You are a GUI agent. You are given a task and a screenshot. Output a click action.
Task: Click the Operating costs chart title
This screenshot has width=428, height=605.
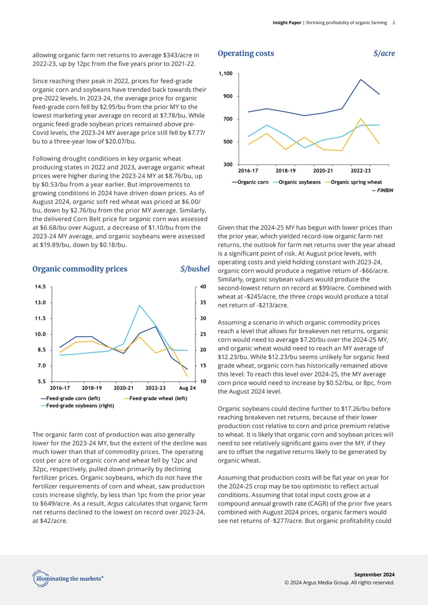pos(246,53)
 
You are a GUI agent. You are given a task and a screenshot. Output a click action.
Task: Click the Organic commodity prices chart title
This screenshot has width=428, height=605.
pos(80,269)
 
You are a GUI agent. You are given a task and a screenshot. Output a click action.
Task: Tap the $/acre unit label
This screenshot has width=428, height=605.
pos(384,54)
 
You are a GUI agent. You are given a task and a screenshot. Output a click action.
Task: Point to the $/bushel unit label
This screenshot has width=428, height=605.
pos(195,269)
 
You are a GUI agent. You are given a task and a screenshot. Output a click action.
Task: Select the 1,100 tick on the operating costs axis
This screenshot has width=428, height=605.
pos(226,73)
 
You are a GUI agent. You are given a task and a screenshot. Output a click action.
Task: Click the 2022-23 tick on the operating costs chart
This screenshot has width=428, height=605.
pos(361,171)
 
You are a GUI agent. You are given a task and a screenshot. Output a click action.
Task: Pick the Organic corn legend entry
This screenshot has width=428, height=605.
pos(250,182)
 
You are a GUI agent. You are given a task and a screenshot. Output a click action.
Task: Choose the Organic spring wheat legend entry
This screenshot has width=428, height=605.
pos(354,182)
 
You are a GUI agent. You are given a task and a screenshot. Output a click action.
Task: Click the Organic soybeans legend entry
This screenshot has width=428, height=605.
pos(297,182)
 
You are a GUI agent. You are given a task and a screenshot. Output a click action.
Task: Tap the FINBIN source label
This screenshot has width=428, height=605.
pos(383,190)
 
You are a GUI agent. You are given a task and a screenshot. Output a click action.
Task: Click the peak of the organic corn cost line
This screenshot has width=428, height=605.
pos(361,79)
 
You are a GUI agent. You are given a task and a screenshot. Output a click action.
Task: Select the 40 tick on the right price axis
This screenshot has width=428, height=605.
pos(203,286)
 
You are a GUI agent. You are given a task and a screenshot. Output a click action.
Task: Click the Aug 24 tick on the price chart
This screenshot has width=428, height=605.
pos(187,388)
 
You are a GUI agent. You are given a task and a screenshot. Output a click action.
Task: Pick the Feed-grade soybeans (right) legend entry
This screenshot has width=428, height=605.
pos(77,405)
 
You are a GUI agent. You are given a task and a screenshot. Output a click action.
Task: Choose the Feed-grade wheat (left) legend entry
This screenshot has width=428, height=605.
pos(155,398)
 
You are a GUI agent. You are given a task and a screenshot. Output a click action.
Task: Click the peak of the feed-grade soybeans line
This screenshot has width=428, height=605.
pos(140,305)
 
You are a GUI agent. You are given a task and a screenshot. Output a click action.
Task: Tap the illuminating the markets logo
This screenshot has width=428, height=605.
pos(68,578)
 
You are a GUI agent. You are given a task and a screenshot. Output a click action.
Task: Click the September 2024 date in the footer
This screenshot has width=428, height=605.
pos(374,574)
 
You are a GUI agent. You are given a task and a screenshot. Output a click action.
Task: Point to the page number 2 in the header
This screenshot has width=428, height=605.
pos(394,23)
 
